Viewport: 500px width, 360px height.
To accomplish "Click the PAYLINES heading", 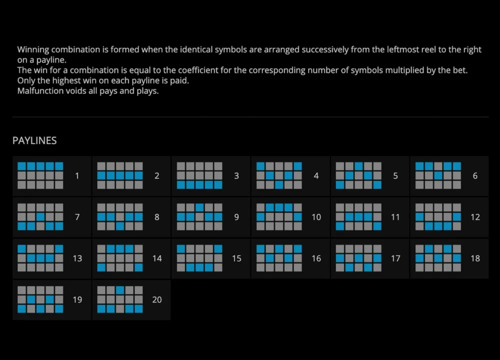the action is pyautogui.click(x=34, y=140).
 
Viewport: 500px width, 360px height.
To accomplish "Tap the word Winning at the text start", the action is pyautogui.click(x=33, y=49).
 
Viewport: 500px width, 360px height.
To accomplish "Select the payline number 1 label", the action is pyautogui.click(x=77, y=175).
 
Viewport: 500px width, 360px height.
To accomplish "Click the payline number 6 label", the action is pyautogui.click(x=475, y=175).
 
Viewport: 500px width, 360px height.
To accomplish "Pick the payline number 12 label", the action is pyautogui.click(x=475, y=217).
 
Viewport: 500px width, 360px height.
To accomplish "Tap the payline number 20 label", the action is pyautogui.click(x=157, y=299).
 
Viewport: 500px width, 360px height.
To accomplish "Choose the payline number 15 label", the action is pyautogui.click(x=236, y=258).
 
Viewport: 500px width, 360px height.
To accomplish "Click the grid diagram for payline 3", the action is pyautogui.click(x=199, y=175).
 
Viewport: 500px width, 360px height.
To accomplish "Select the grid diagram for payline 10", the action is pyautogui.click(x=279, y=217).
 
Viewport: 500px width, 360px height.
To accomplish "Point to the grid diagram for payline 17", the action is pyautogui.click(x=358, y=258).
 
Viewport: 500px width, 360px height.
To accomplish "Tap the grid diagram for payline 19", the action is pyautogui.click(x=40, y=299).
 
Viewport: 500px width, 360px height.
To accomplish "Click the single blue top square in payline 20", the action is pyautogui.click(x=120, y=290).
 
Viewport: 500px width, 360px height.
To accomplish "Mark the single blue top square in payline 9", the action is pyautogui.click(x=199, y=207).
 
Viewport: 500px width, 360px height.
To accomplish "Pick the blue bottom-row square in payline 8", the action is pyautogui.click(x=120, y=226).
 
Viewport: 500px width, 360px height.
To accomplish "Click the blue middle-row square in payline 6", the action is pyautogui.click(x=438, y=175).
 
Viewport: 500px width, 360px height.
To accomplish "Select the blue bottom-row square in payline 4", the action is pyautogui.click(x=279, y=185).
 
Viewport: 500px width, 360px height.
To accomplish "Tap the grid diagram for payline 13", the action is pyautogui.click(x=40, y=258).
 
